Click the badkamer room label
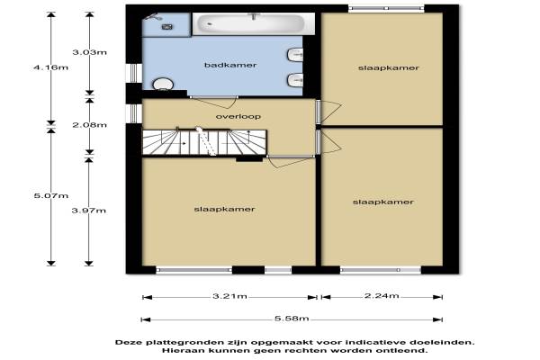[230, 65]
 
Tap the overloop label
[238, 116]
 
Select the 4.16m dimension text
[51, 67]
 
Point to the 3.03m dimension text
[89, 52]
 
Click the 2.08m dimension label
[89, 125]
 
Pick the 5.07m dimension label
[51, 195]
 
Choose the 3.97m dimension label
[89, 211]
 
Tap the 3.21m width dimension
[229, 296]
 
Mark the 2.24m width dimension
[382, 295]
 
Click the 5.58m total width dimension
[292, 319]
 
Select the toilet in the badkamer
[163, 85]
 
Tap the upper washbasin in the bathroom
[295, 55]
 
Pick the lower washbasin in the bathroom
[295, 80]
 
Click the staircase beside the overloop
[204, 142]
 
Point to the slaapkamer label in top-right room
[389, 67]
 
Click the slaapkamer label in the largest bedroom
[224, 209]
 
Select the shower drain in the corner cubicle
[167, 26]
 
